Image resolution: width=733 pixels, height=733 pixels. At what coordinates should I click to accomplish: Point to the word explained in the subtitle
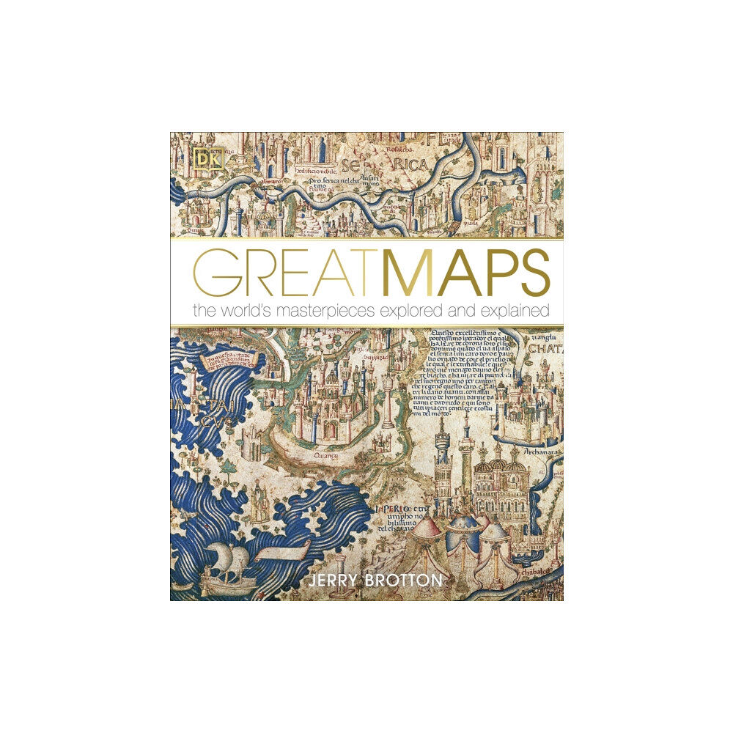[515, 311]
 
